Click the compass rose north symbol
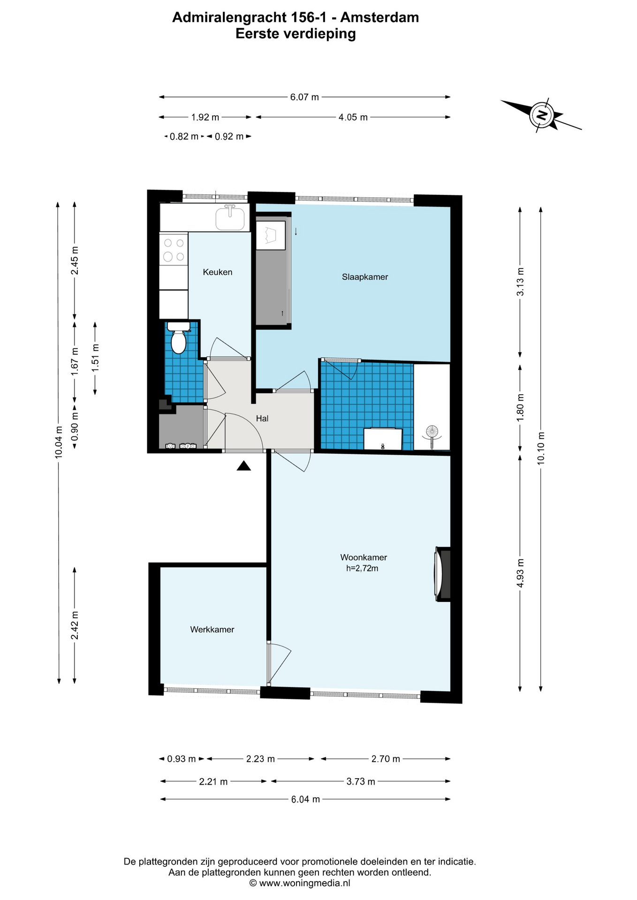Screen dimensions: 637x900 542,115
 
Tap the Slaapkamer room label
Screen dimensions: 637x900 365,277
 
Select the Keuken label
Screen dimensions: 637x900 217,272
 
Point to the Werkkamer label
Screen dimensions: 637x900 212,630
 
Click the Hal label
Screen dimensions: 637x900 262,418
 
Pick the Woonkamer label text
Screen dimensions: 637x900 364,557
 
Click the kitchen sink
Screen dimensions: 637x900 230,218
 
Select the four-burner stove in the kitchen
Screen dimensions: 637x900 174,249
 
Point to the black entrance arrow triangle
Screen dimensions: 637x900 243,465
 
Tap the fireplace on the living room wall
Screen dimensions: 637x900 442,574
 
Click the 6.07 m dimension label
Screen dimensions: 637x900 304,97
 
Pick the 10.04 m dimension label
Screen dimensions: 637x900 59,442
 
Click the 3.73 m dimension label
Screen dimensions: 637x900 361,781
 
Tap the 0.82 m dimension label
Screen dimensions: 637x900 184,136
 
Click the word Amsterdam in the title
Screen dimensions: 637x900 379,17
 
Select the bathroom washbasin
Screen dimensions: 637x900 383,439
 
